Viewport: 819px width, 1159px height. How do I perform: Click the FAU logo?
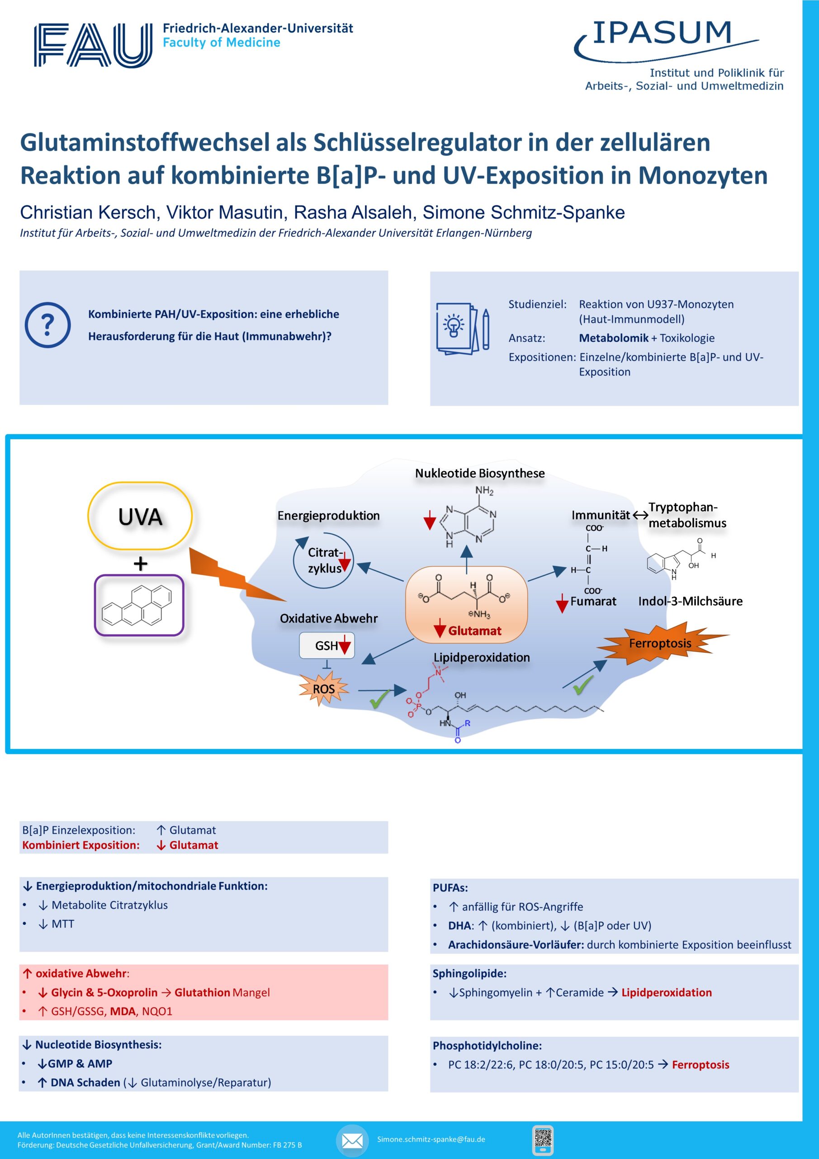click(x=93, y=45)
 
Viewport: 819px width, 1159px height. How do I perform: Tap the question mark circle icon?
click(x=47, y=325)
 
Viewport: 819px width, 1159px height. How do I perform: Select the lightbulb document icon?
click(x=463, y=329)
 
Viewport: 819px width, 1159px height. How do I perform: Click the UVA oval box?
click(x=140, y=516)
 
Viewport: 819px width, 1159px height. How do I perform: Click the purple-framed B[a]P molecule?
click(x=139, y=605)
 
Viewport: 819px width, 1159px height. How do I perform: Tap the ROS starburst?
click(x=324, y=689)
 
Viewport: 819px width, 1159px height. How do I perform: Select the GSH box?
click(x=327, y=646)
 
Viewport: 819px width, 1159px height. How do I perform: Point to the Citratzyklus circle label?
click(x=325, y=560)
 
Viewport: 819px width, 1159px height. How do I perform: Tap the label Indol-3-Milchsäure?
click(x=691, y=601)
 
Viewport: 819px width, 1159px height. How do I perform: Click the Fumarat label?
click(x=593, y=601)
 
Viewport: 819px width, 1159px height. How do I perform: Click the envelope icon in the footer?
click(x=352, y=1140)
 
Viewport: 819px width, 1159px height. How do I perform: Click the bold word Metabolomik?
click(x=614, y=338)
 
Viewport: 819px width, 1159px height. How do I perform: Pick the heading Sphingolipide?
click(x=469, y=973)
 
